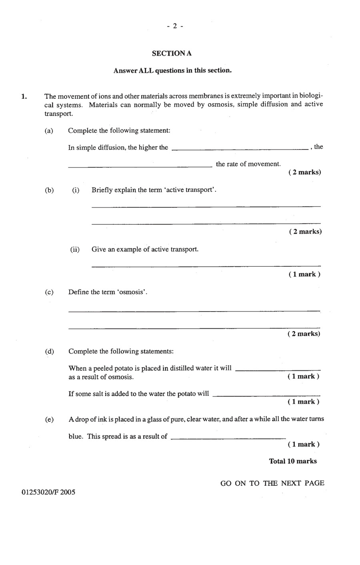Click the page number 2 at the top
pyautogui.click(x=175, y=26)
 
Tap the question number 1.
pyautogui.click(x=24, y=96)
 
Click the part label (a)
pyautogui.click(x=49, y=131)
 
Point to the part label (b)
pyautogui.click(x=49, y=190)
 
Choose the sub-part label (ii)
pyautogui.click(x=75, y=250)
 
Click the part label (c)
pyautogui.click(x=49, y=292)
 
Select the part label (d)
pyautogui.click(x=49, y=351)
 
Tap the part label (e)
pyautogui.click(x=49, y=419)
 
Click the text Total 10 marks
pyautogui.click(x=293, y=461)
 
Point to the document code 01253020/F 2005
pyautogui.click(x=48, y=492)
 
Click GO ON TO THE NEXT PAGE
pyautogui.click(x=272, y=483)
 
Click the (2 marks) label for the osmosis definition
pyautogui.click(x=304, y=333)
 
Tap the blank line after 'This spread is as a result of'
pyautogui.click(x=228, y=438)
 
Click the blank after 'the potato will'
pyautogui.click(x=266, y=396)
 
